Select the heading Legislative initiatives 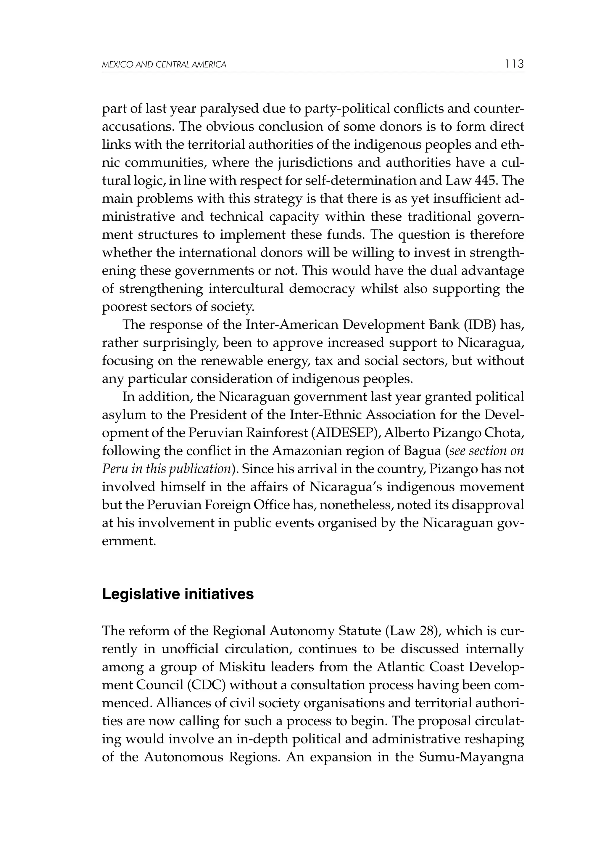tap(178, 594)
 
